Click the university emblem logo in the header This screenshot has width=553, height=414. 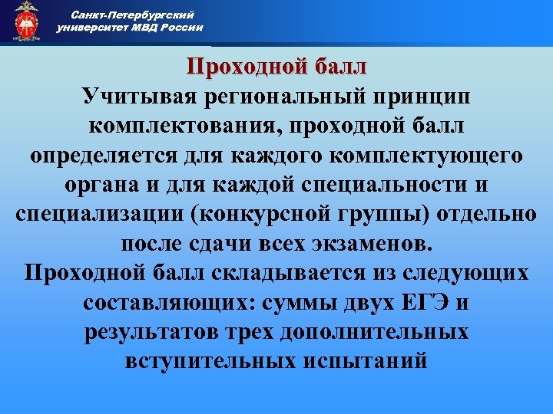26,21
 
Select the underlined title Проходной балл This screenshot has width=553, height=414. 277,67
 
